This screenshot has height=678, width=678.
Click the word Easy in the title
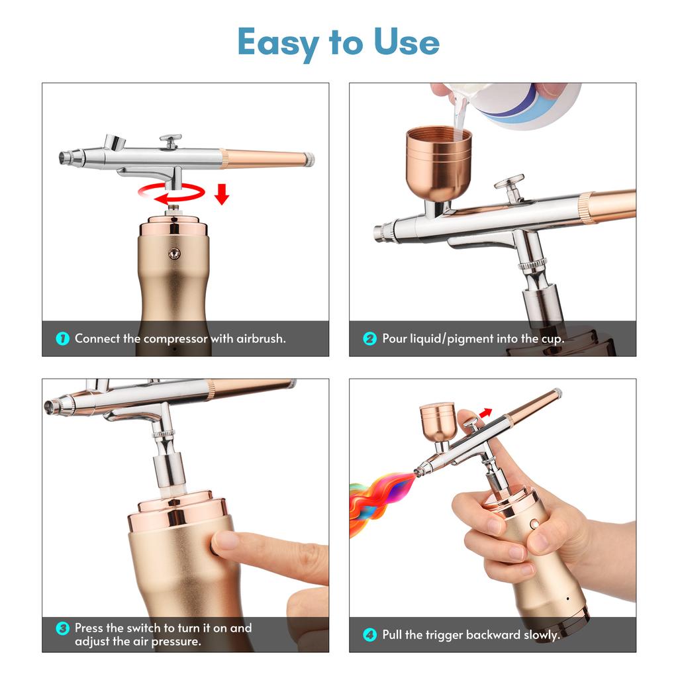tap(278, 43)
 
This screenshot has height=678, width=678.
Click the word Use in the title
tap(407, 42)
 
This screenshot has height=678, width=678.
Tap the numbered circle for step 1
tap(63, 338)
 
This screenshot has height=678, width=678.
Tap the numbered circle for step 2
tap(369, 338)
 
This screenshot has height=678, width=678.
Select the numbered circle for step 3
tap(63, 628)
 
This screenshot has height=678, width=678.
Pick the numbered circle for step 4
tap(369, 635)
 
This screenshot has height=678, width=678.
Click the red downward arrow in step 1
tap(222, 194)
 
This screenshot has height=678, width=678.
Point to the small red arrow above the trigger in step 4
tap(486, 413)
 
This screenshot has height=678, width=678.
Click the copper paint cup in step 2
tap(438, 165)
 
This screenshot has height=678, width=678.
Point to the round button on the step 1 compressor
tap(174, 254)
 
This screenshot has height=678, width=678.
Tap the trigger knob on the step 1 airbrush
tap(170, 141)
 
